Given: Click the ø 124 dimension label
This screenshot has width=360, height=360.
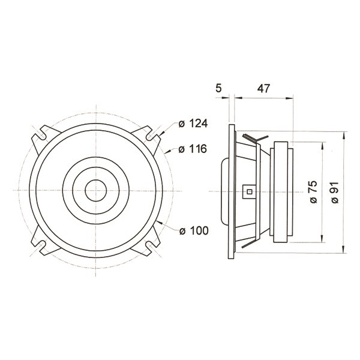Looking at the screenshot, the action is pos(193,124).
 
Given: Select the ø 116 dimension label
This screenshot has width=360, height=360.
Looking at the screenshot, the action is pos(193,149).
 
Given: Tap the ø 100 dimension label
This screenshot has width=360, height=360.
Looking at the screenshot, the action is pos(194,231).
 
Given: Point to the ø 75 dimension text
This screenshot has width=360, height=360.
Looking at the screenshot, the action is pos(313,192).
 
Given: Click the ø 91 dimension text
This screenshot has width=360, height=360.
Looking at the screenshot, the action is pos(335,193).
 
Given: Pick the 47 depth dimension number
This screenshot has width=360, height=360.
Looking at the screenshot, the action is pos(263,88).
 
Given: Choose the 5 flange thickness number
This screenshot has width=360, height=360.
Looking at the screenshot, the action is pos(219,88).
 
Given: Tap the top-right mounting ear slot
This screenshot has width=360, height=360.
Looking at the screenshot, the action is pos(150,135).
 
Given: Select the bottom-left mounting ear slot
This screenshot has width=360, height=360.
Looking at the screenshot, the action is pos(42,245).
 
